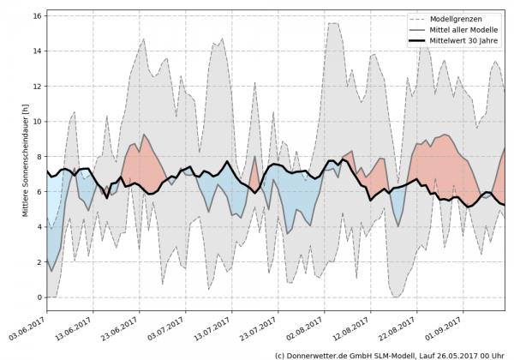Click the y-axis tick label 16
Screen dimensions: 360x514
tap(37, 15)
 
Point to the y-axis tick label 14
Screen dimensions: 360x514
tap(37, 51)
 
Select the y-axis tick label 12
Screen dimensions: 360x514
tap(37, 86)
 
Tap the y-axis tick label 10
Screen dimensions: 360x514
tap(37, 121)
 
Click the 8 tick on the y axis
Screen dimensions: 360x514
tap(39, 156)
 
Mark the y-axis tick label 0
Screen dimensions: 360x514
tap(39, 297)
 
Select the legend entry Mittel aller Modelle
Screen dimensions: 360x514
tap(463, 29)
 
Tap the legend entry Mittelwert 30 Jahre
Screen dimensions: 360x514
tap(463, 40)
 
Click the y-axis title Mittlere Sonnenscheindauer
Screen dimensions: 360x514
tap(27, 155)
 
